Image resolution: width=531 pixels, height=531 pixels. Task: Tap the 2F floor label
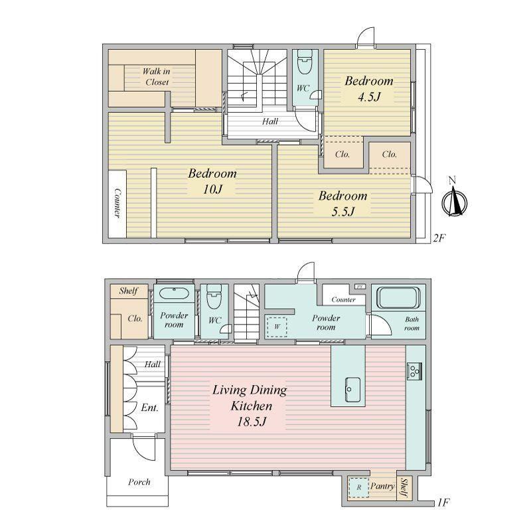pyautogui.click(x=439, y=238)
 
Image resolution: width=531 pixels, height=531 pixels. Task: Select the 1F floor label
pyautogui.click(x=443, y=502)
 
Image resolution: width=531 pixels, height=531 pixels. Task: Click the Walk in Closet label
pyautogui.click(x=157, y=76)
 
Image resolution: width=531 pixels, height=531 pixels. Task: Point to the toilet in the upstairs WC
pyautogui.click(x=305, y=62)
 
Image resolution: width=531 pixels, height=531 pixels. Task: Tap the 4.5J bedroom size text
pyautogui.click(x=369, y=97)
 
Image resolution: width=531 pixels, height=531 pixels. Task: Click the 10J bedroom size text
pyautogui.click(x=212, y=189)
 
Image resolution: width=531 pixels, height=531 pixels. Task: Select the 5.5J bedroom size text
pyautogui.click(x=342, y=212)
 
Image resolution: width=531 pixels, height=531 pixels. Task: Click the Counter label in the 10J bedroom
pyautogui.click(x=117, y=202)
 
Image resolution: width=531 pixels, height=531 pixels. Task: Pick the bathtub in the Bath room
pyautogui.click(x=399, y=297)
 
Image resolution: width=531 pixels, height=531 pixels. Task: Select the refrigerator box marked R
pyautogui.click(x=358, y=487)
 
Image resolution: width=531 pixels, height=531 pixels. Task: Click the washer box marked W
pyautogui.click(x=277, y=327)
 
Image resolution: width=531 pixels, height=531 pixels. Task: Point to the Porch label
pyautogui.click(x=139, y=482)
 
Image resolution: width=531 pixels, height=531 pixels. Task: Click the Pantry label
pyautogui.click(x=382, y=487)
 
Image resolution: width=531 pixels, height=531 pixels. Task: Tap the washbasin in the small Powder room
pyautogui.click(x=174, y=293)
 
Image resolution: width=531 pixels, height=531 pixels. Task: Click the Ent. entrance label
pyautogui.click(x=149, y=408)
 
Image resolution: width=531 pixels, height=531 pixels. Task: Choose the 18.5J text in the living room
pyautogui.click(x=251, y=421)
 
